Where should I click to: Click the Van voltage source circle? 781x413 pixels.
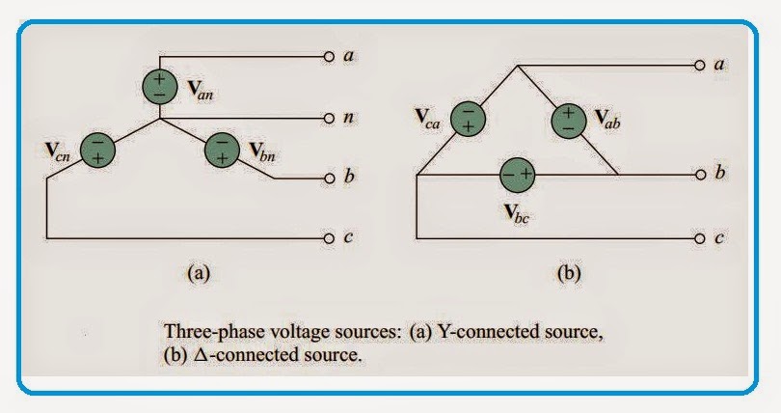point(160,85)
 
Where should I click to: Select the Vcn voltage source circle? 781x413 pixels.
point(98,150)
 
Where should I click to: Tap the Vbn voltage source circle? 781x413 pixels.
point(223,150)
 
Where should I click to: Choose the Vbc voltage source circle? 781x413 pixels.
point(517,176)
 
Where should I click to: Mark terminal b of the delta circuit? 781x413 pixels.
point(699,176)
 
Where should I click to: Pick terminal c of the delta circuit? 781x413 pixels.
point(699,236)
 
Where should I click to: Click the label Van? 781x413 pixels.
point(199,96)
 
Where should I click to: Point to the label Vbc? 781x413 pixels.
point(518,214)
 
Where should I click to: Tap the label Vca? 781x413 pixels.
point(425,119)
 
